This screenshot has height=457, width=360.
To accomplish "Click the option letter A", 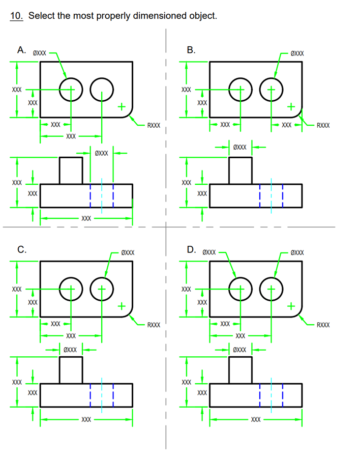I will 21,49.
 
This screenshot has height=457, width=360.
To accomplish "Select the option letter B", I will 191,49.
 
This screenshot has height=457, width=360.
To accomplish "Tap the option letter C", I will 21,249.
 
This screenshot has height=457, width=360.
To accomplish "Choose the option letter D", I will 191,249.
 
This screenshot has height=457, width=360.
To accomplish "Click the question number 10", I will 16,16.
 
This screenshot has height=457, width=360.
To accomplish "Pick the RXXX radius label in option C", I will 154,325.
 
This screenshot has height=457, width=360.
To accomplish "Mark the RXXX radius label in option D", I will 323,325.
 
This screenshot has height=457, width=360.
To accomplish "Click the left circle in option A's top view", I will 70,90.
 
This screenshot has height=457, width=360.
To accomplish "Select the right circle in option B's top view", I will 271,90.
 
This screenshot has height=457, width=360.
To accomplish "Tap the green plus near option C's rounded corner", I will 121,306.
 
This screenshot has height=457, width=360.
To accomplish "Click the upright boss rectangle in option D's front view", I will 240,370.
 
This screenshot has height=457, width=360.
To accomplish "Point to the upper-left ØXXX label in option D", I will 209,252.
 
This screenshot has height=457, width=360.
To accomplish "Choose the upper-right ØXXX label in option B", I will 297,53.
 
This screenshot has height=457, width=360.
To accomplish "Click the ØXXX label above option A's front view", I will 101,152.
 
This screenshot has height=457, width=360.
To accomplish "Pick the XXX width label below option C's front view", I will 86,419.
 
